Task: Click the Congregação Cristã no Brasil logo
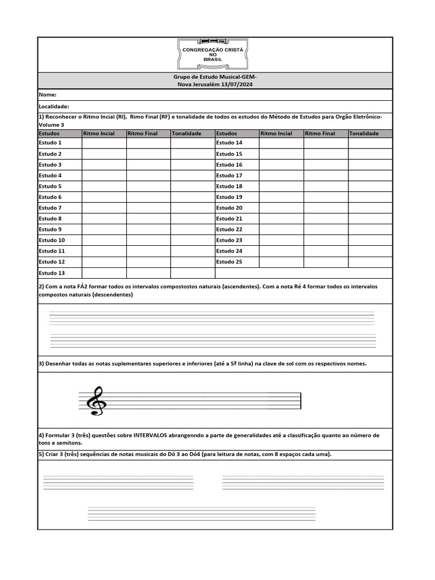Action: pos(213,54)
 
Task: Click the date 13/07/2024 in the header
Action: pos(235,84)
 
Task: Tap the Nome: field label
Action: pos(48,95)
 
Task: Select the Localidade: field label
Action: pos(54,106)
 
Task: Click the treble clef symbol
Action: pos(95,401)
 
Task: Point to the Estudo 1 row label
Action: pos(50,143)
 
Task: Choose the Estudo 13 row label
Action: pos(52,273)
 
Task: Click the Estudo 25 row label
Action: pos(229,262)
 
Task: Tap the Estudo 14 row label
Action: pos(229,143)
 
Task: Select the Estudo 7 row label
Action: pos(50,208)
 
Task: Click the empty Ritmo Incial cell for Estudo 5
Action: pos(104,186)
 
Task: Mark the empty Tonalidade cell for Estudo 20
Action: pos(370,208)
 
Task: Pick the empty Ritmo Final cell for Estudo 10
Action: pos(148,240)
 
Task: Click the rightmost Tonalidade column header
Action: pos(364,134)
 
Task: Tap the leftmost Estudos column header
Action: pos(49,134)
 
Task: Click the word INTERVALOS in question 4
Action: pos(154,435)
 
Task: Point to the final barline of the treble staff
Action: pos(301,401)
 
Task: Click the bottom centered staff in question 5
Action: pos(202,514)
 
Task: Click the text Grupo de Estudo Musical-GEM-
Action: pos(215,76)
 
